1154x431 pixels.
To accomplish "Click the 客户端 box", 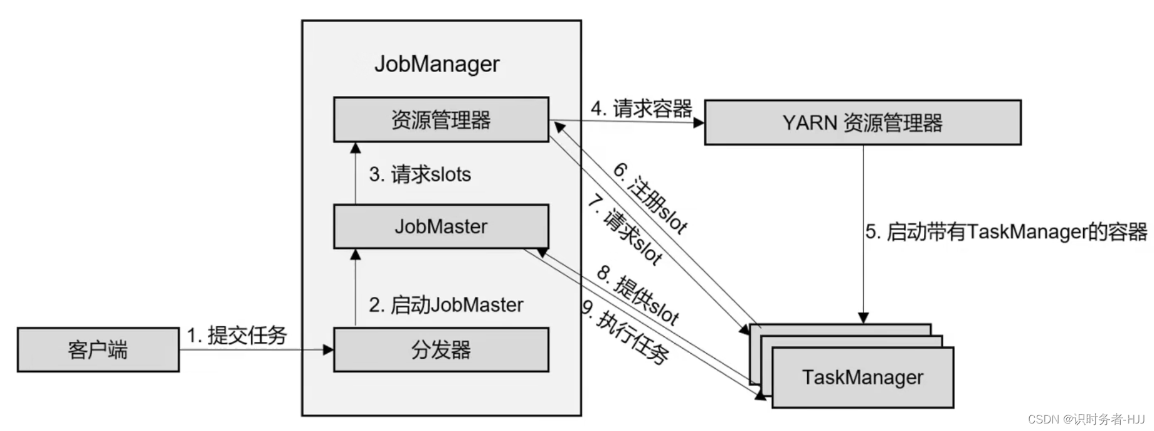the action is coord(98,349).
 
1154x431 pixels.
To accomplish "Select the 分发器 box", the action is coord(441,349).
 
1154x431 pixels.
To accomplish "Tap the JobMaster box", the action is coord(441,226).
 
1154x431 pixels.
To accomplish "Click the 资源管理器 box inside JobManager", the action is coord(441,119).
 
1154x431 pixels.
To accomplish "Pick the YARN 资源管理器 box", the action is coord(863,122).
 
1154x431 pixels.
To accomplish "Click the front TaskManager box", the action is coord(863,378).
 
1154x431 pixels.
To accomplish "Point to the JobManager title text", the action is coord(437,64).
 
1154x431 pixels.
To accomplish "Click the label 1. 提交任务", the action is coord(237,335).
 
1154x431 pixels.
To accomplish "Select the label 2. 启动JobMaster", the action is coord(446,305).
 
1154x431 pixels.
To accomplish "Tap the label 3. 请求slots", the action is coord(420,174).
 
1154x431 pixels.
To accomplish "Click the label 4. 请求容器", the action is coord(642,109).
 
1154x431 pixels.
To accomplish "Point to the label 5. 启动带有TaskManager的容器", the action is coord(1007,231).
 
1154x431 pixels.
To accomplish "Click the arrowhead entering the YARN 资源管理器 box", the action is coord(699,123).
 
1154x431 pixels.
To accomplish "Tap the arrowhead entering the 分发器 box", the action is coord(327,349).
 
